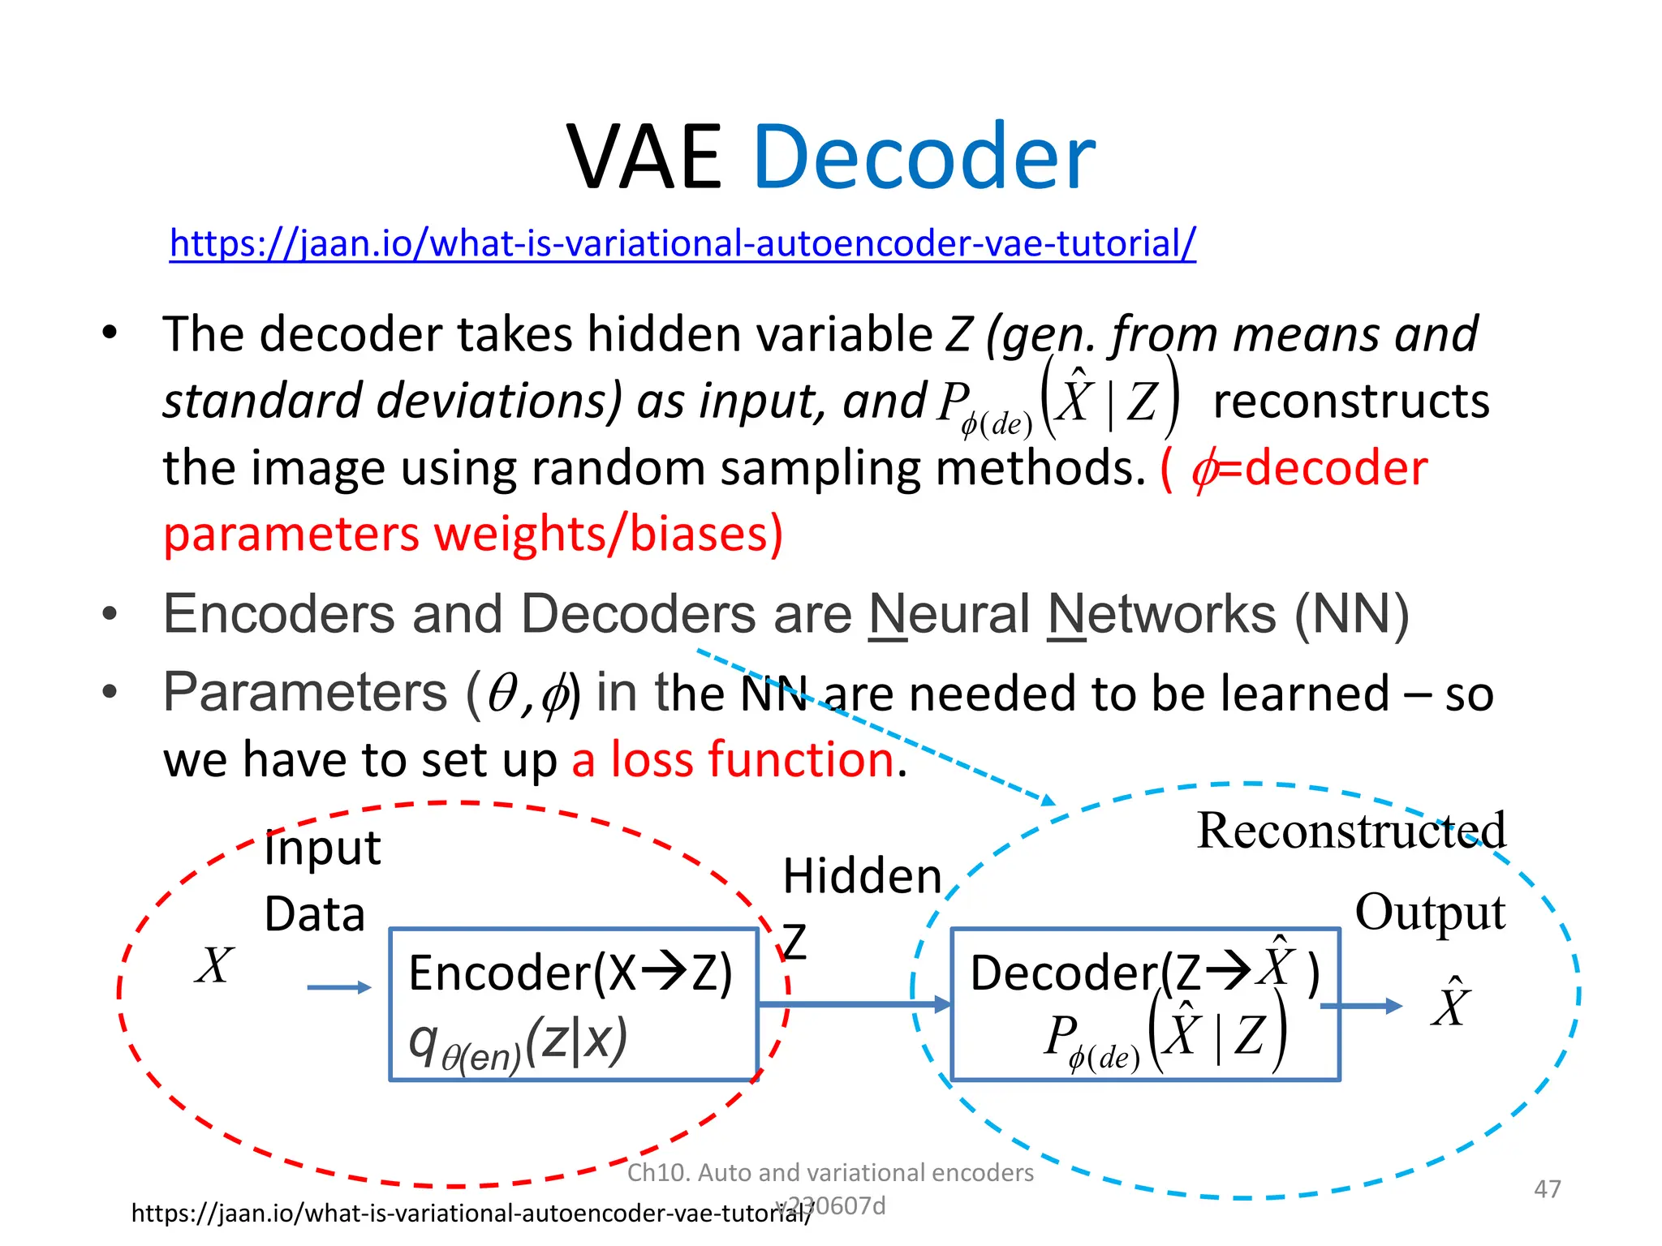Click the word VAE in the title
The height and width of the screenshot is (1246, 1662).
(x=644, y=158)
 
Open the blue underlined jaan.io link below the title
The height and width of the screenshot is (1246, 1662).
(x=682, y=243)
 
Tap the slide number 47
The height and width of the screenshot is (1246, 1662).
(x=1547, y=1188)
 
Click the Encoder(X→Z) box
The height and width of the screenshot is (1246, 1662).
(x=573, y=1003)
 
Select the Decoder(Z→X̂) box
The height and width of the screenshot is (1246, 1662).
(x=1144, y=1003)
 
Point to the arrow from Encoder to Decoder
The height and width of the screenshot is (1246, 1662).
(x=852, y=1004)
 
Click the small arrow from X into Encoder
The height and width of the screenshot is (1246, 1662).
(x=339, y=987)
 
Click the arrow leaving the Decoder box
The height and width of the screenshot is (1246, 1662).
(x=1361, y=1006)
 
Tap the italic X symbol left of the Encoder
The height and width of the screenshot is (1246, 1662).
(x=214, y=965)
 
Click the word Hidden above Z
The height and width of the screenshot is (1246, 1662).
(x=862, y=877)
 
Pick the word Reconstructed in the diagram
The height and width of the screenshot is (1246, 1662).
(x=1351, y=831)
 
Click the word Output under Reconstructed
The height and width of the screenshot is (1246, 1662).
(x=1430, y=913)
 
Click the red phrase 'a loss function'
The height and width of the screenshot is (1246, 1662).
(x=733, y=760)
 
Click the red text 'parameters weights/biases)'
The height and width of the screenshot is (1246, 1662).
(x=473, y=535)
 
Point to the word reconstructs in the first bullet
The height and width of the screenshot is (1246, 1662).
(x=1351, y=401)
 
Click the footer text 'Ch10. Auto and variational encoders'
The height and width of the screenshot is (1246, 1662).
(x=830, y=1172)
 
